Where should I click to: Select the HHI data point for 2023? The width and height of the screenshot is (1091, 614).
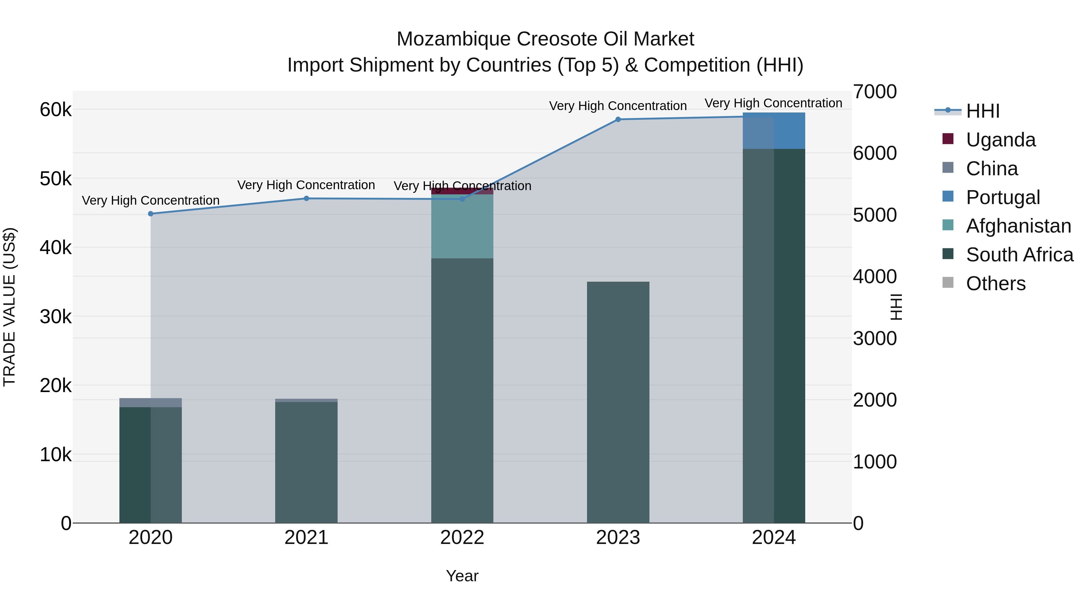pyautogui.click(x=618, y=119)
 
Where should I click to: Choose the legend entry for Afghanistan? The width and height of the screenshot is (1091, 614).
pyautogui.click(x=1018, y=226)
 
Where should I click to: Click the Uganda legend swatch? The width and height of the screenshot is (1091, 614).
pyautogui.click(x=948, y=139)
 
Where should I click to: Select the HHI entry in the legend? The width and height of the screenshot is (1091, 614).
pyautogui.click(x=983, y=111)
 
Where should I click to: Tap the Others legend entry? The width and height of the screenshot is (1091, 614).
pyautogui.click(x=995, y=284)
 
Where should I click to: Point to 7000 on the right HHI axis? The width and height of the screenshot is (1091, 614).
pyautogui.click(x=875, y=92)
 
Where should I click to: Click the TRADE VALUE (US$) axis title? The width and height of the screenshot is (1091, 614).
pyautogui.click(x=9, y=307)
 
